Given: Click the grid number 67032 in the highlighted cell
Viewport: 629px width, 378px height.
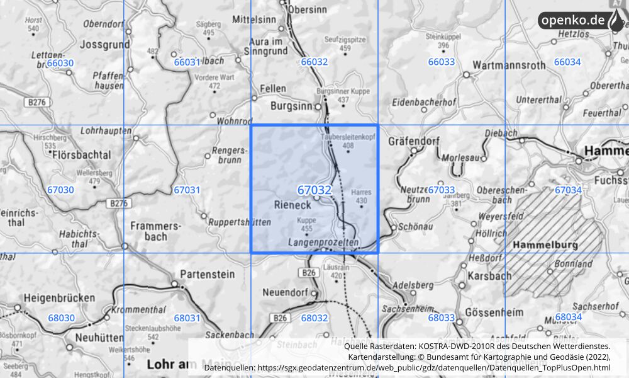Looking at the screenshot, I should [314, 189].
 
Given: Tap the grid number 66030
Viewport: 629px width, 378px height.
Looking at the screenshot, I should [60, 62].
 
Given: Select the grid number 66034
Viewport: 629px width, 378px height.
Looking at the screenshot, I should [567, 62].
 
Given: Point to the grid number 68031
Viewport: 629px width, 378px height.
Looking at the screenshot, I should [187, 318].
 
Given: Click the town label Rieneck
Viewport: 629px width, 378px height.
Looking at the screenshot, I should [292, 205].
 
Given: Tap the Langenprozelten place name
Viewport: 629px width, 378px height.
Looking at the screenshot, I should [323, 242].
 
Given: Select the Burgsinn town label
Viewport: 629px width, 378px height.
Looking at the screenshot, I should [291, 106].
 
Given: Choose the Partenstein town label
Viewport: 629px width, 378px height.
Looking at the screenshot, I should [207, 274].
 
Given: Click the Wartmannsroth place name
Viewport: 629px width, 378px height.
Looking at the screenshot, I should [509, 65].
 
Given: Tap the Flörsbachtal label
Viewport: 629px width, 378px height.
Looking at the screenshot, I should [82, 154].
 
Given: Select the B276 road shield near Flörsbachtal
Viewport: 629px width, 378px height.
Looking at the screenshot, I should [118, 203].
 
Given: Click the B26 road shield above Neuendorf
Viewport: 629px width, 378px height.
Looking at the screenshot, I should [308, 273].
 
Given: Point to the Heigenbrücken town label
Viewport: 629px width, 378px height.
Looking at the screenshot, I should [60, 297].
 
